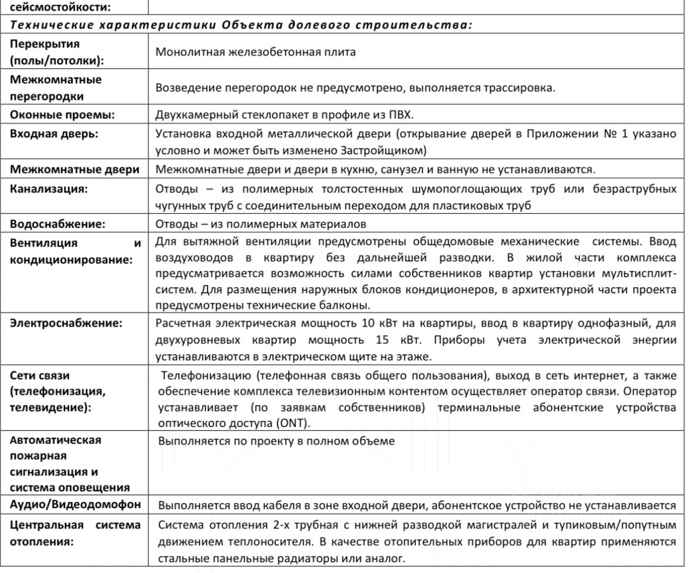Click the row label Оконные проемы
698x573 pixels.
[x=62, y=115]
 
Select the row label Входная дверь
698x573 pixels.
[x=54, y=134]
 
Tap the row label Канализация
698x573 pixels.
[x=49, y=189]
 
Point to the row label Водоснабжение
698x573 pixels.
[x=58, y=224]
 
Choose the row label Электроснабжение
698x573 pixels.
[x=66, y=323]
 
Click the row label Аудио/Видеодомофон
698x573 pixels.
[x=75, y=504]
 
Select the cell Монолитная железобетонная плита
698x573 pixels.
[x=255, y=52]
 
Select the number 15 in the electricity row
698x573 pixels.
[x=382, y=340]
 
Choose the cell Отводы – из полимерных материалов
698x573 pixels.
[x=261, y=224]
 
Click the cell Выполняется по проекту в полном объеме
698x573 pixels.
[x=276, y=441]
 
